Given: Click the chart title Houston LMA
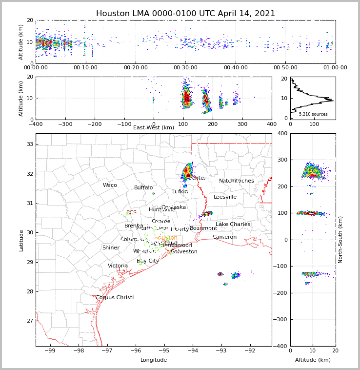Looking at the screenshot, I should click(185, 14).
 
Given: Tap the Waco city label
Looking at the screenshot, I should click(110, 185).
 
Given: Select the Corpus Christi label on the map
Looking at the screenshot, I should click(115, 298).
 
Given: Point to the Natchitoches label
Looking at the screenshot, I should click(237, 181).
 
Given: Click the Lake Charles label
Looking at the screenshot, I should click(233, 225).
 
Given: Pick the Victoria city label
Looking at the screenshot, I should click(118, 266).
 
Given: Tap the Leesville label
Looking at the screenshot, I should click(225, 197).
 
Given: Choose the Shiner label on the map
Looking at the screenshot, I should click(111, 248).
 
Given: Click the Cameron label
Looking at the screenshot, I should click(224, 237).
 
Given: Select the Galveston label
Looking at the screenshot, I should click(184, 252).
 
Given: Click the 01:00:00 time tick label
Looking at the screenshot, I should click(335, 68).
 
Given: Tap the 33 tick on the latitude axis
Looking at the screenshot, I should click(30, 144).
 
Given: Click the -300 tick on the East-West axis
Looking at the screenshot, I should click(65, 124).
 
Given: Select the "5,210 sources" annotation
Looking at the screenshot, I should click(313, 114).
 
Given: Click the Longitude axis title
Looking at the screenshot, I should click(154, 360).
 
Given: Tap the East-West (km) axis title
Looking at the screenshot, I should click(154, 128).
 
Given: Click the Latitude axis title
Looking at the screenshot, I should click(21, 240).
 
